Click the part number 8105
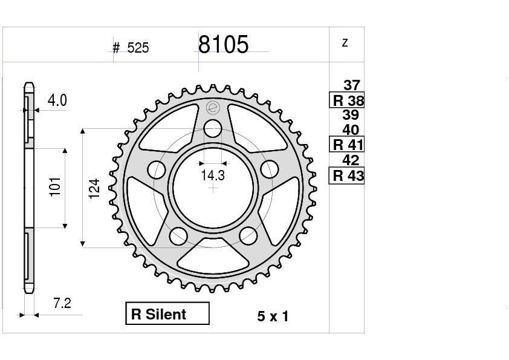click(223, 45)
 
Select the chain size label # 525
click(131, 48)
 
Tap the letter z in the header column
click(345, 42)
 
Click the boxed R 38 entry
click(347, 100)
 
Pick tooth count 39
click(351, 115)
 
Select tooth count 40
click(351, 129)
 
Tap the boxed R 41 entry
click(347, 145)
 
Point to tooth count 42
click(351, 160)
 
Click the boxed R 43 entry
click(347, 176)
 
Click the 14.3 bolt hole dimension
click(213, 175)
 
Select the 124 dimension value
click(94, 189)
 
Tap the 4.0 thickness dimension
click(57, 100)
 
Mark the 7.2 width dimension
click(62, 303)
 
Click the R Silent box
click(167, 313)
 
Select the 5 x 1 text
click(273, 316)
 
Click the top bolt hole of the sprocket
click(212, 128)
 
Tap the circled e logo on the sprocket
click(212, 108)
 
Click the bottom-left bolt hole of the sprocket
click(178, 236)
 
